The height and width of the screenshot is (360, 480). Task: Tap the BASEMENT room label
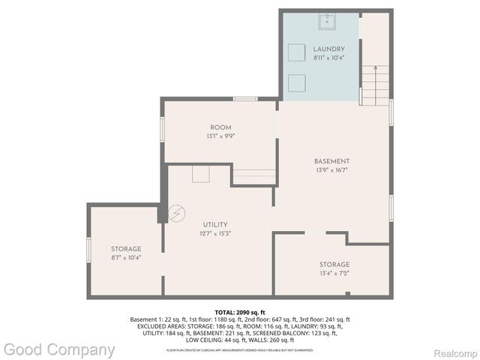pyautogui.click(x=331, y=161)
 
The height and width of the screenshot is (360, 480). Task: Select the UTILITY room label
pyautogui.click(x=215, y=224)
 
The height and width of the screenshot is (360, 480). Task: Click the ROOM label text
pyautogui.click(x=220, y=127)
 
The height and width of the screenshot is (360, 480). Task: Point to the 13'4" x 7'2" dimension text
pyautogui.click(x=334, y=274)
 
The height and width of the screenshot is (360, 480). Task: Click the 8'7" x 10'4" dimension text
pyautogui.click(x=126, y=257)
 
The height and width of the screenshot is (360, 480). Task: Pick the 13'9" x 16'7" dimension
pyautogui.click(x=331, y=170)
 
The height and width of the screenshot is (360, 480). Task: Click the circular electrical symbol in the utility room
pyautogui.click(x=176, y=214)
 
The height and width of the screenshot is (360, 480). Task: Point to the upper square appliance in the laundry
pyautogui.click(x=298, y=52)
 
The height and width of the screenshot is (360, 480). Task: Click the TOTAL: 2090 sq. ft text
pyautogui.click(x=240, y=312)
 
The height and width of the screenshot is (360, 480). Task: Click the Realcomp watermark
pyautogui.click(x=454, y=352)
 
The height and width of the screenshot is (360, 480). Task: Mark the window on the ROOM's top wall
pyautogui.click(x=245, y=98)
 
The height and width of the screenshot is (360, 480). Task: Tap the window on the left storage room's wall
pyautogui.click(x=89, y=250)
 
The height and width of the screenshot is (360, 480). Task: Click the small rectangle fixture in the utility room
pyautogui.click(x=200, y=174)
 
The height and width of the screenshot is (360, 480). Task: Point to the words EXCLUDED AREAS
pyautogui.click(x=160, y=326)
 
